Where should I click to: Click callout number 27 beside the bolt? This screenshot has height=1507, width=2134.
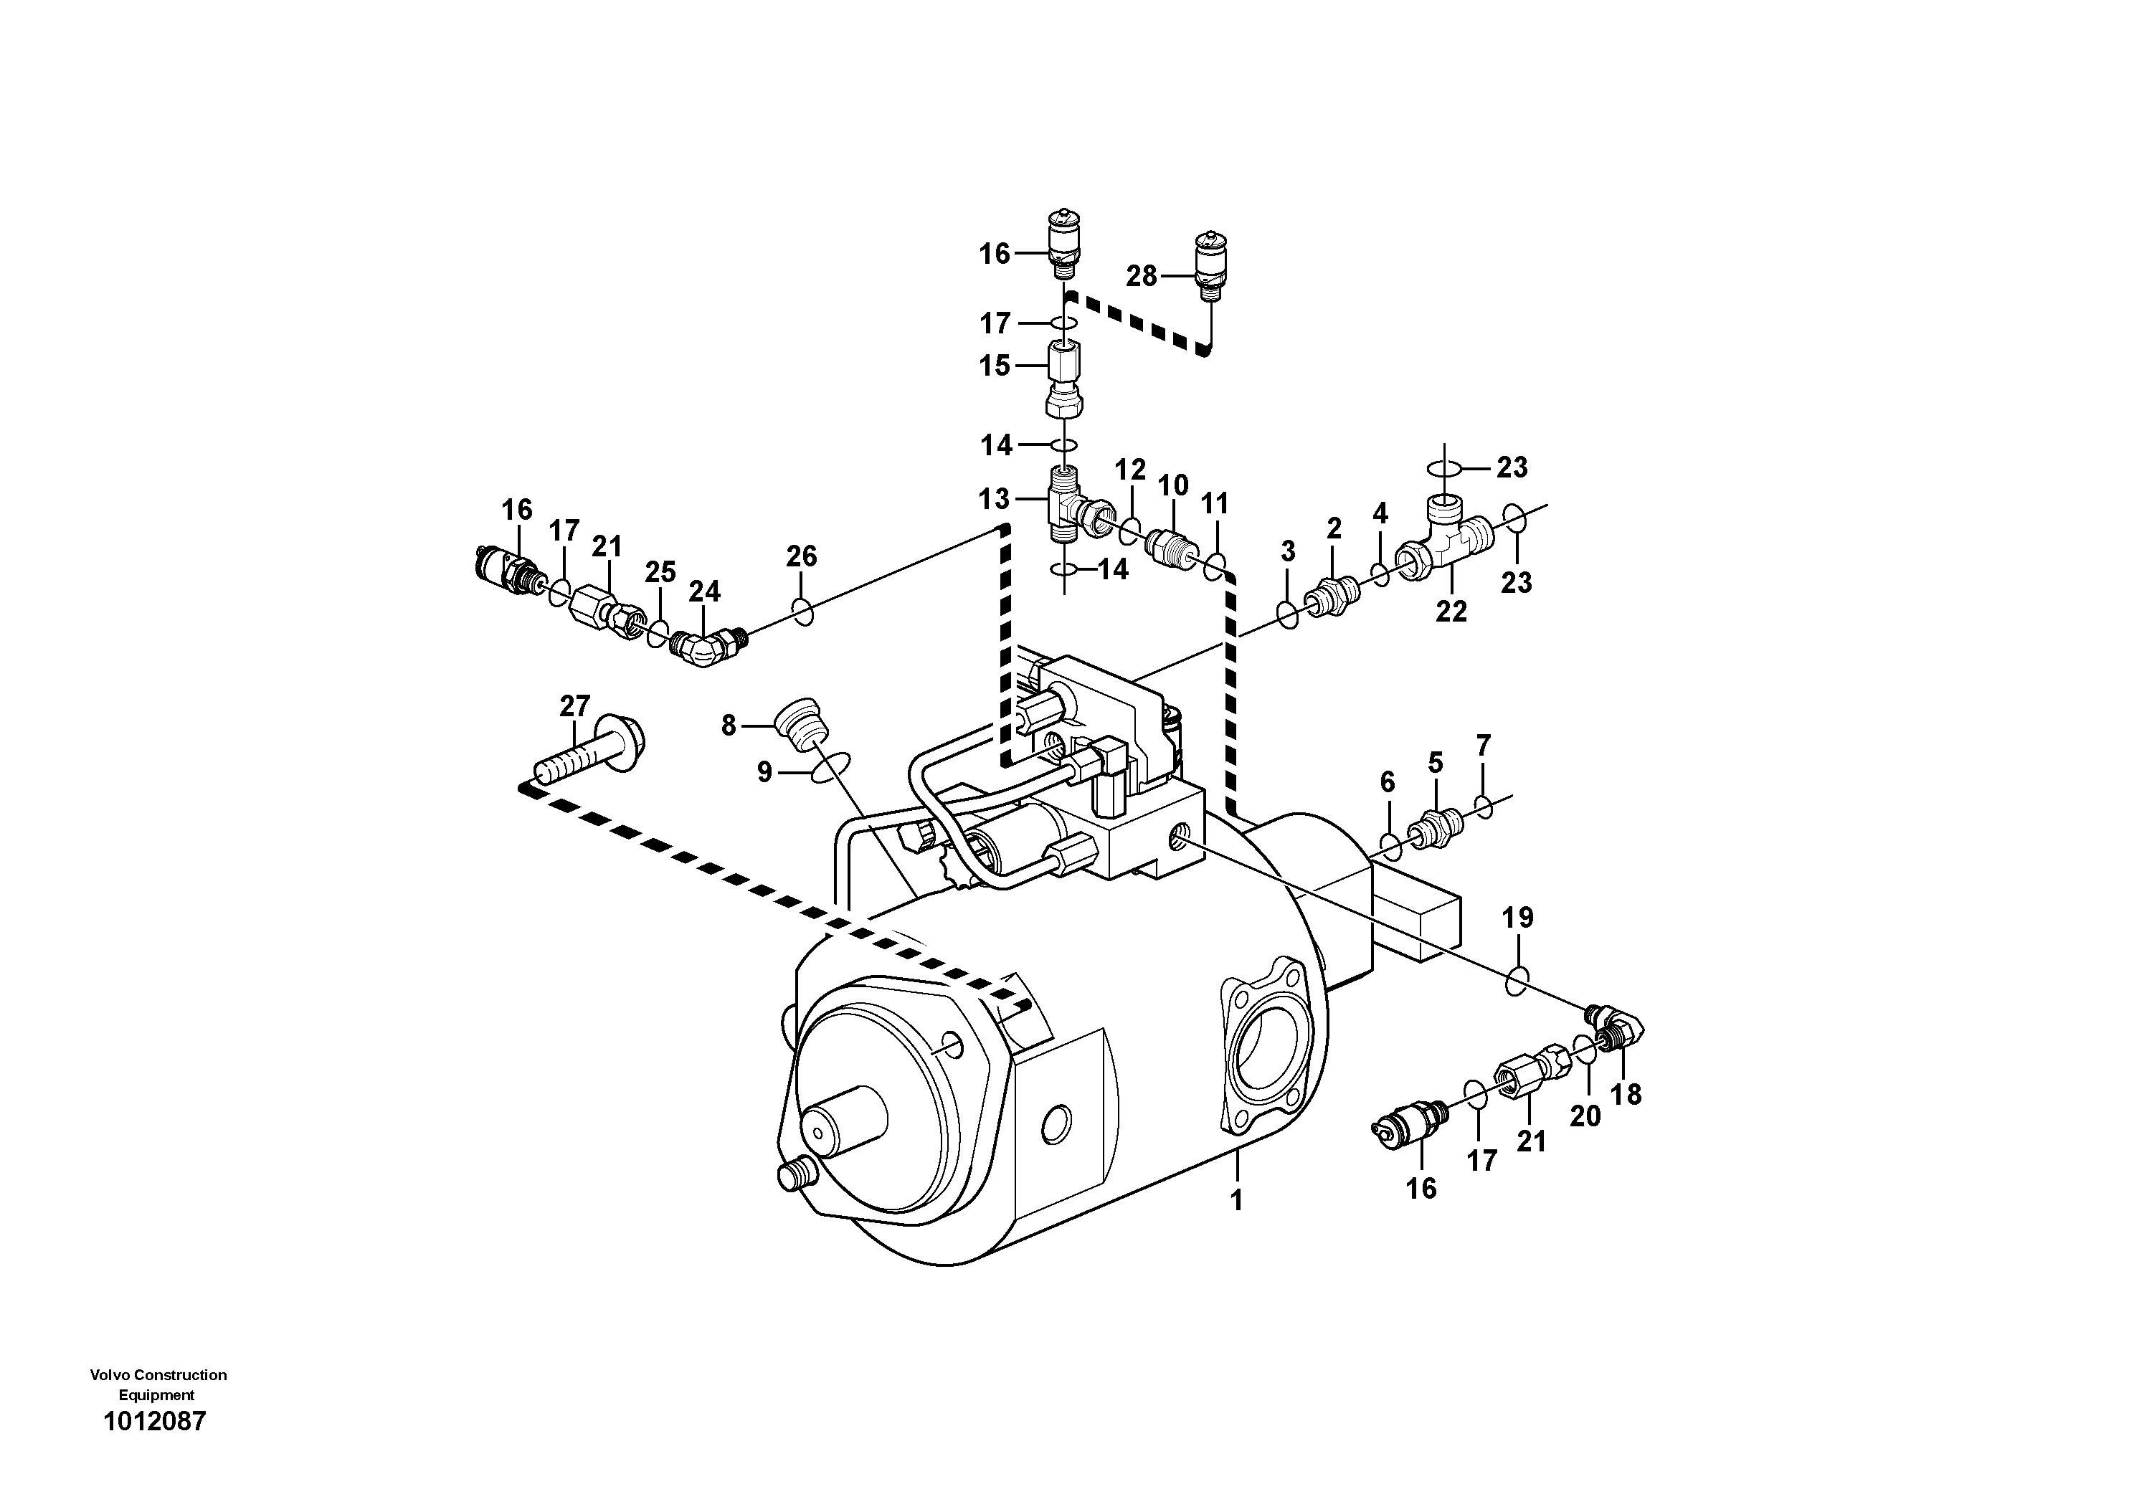point(574,707)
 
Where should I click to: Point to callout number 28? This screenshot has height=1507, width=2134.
point(1142,276)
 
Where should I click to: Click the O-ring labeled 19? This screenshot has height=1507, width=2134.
point(1516,980)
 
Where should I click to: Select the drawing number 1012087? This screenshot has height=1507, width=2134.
point(154,1422)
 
